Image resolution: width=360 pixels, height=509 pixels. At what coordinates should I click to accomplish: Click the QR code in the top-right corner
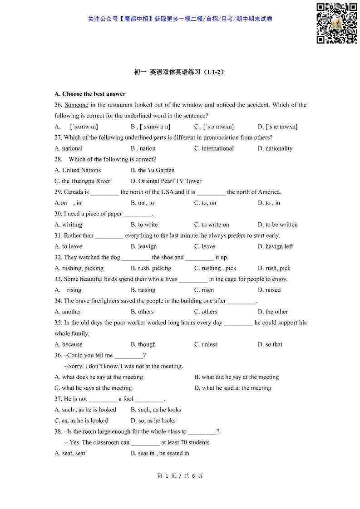click(336, 23)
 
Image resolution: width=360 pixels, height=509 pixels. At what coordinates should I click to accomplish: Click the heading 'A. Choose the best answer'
click(90, 94)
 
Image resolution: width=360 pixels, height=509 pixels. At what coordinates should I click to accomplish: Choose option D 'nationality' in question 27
click(275, 148)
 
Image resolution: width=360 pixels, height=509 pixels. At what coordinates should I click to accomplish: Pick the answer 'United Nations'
click(78, 170)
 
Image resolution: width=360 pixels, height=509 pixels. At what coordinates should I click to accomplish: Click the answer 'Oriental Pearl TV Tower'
click(166, 181)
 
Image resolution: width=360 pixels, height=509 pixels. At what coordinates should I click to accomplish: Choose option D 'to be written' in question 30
click(278, 225)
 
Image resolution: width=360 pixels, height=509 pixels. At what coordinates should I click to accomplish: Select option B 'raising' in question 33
click(143, 290)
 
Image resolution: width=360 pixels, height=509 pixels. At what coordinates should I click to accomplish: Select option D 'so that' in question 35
click(270, 344)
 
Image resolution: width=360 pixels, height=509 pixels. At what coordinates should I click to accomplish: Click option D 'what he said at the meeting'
click(233, 388)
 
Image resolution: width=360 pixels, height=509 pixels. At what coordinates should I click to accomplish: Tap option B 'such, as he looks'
click(156, 410)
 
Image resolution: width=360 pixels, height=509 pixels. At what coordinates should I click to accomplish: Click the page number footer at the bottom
click(180, 476)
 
